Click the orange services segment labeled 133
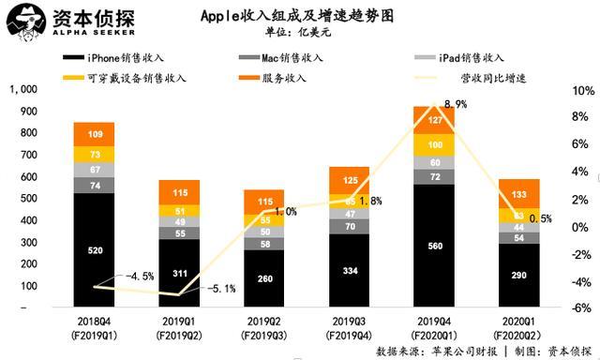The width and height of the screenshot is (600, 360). click(x=519, y=194)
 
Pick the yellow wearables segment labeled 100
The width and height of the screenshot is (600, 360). click(x=435, y=145)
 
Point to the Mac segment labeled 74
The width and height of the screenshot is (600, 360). click(x=94, y=186)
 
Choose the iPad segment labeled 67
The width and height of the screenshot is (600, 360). click(x=94, y=169)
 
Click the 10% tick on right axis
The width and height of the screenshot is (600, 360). click(x=583, y=91)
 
